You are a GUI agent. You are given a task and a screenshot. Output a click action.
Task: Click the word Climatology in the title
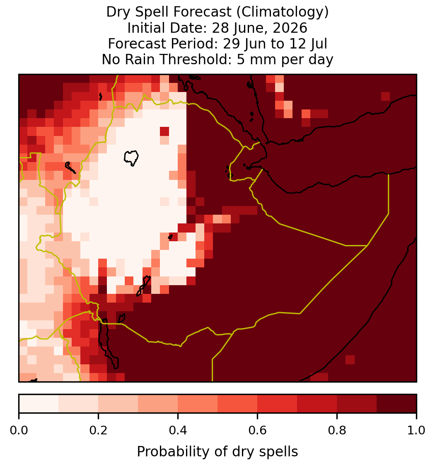[282, 12]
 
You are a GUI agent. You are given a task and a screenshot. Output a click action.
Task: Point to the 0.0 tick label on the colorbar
[19, 431]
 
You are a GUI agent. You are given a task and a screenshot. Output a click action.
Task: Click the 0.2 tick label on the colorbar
[98, 431]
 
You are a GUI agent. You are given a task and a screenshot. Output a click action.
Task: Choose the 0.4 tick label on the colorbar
[178, 431]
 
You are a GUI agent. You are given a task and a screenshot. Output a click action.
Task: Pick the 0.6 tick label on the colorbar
[257, 431]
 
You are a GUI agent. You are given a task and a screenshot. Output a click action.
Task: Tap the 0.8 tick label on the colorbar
[337, 431]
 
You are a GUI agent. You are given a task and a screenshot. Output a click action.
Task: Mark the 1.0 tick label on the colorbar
[416, 431]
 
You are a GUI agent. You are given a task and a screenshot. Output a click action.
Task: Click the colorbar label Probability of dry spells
[217, 452]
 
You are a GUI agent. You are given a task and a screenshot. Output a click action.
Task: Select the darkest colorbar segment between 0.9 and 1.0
[396, 404]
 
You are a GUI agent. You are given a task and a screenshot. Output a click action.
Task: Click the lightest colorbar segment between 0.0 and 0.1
[39, 404]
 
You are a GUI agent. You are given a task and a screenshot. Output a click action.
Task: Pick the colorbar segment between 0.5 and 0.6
[238, 404]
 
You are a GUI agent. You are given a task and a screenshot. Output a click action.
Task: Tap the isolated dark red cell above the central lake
[164, 131]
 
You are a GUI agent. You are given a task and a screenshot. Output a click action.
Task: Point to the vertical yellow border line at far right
[388, 194]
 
